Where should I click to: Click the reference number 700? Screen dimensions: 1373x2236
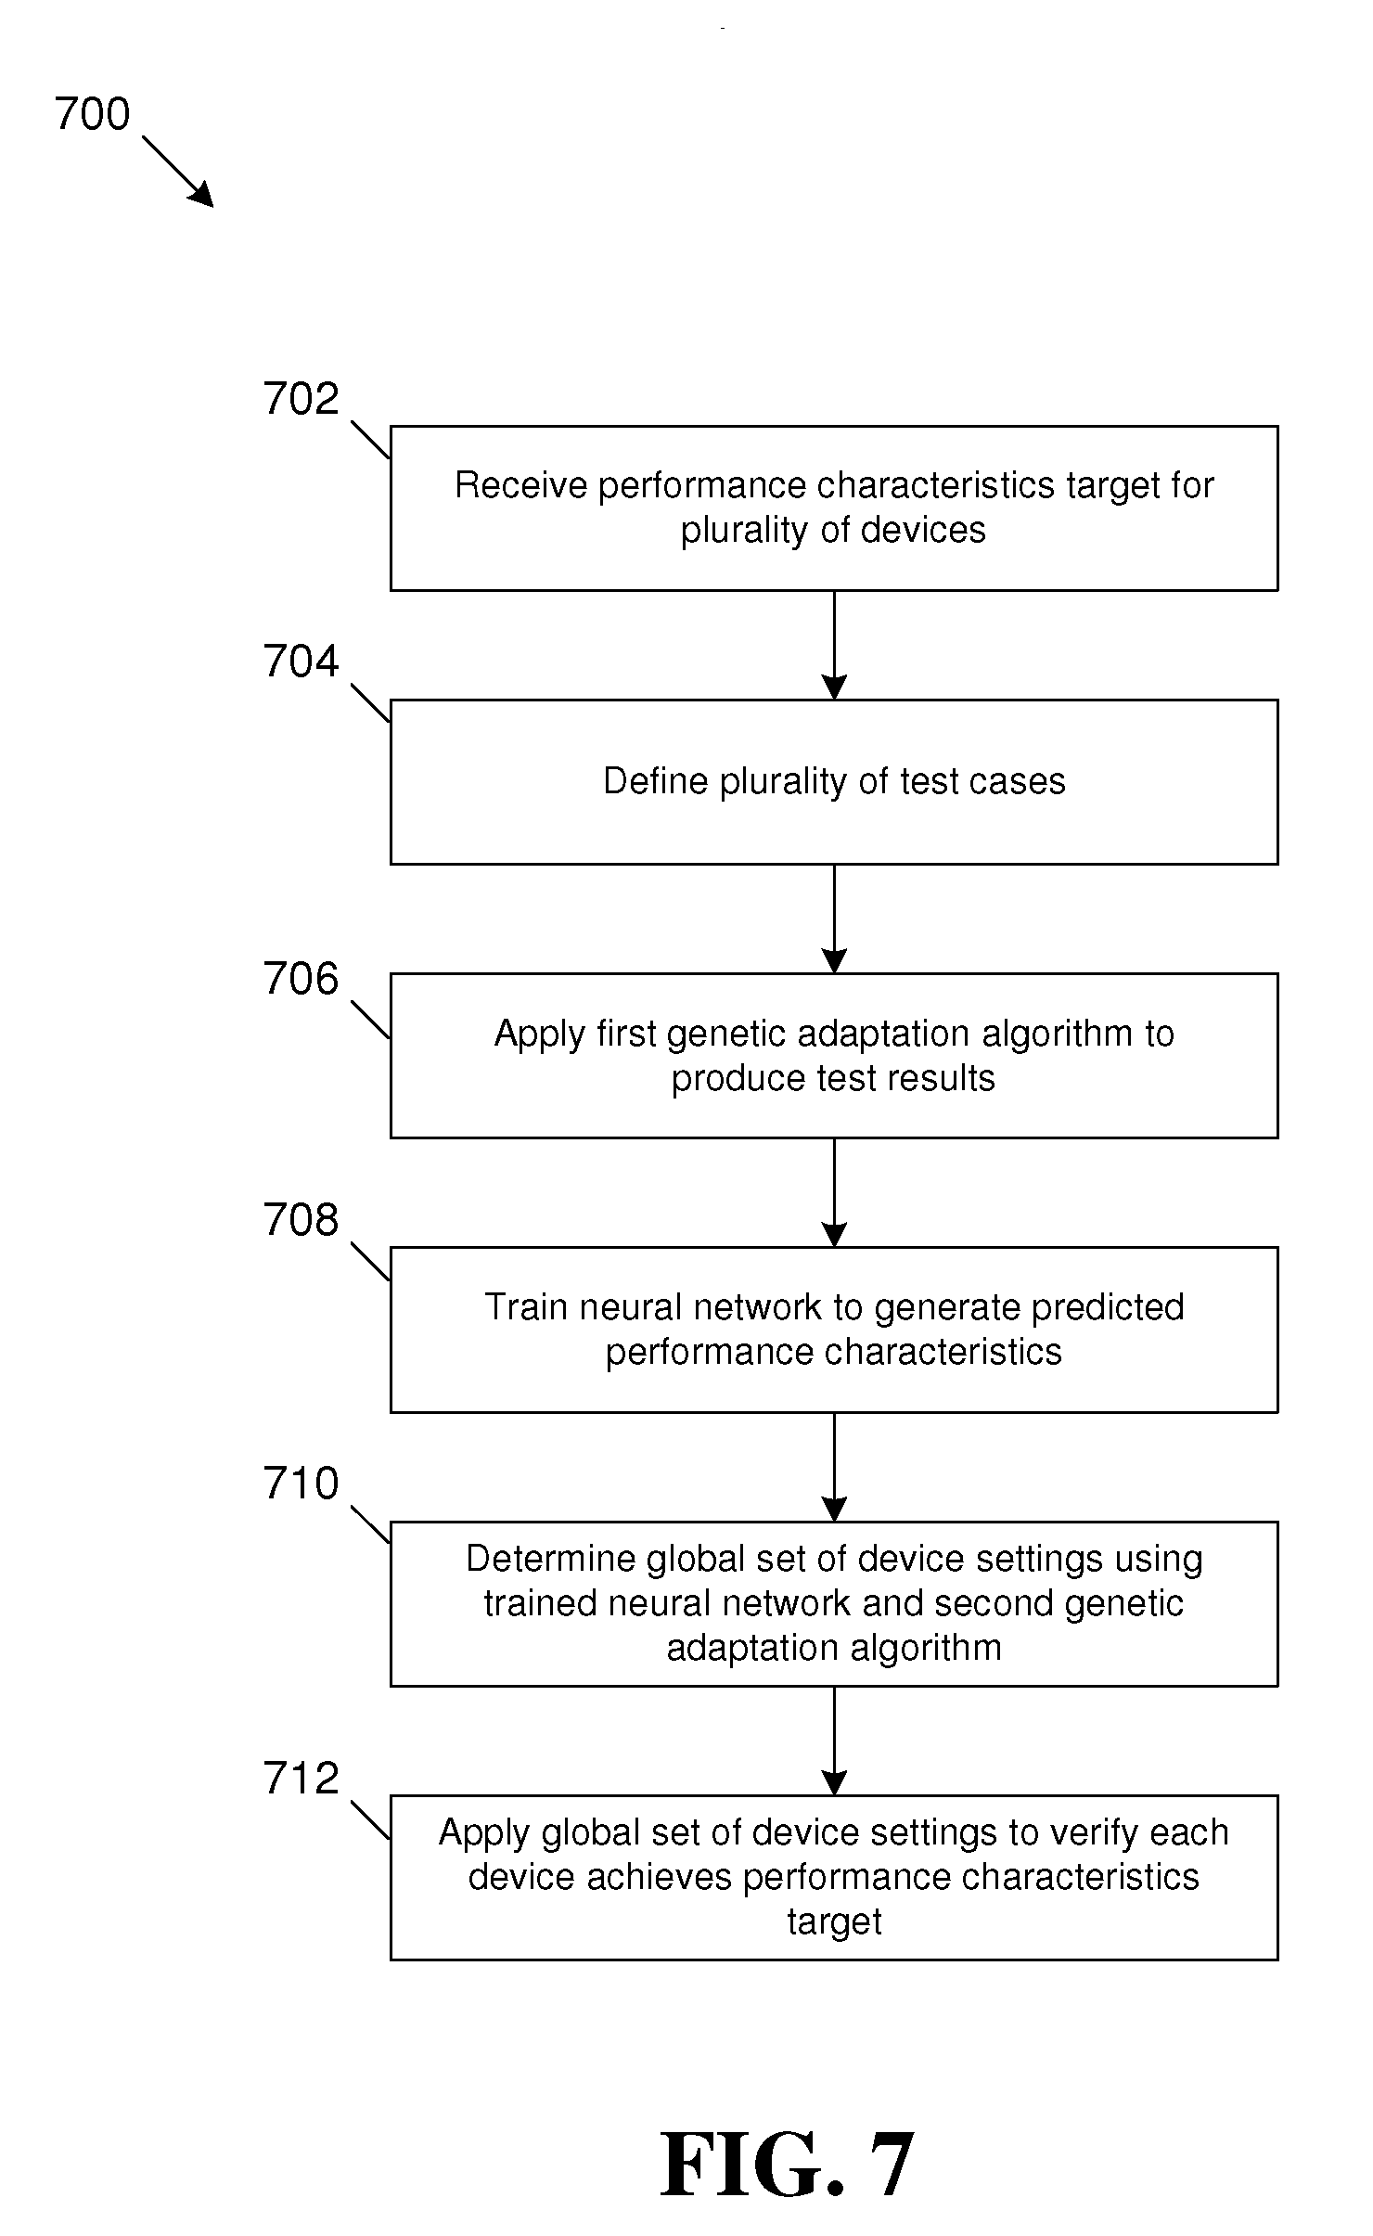pyautogui.click(x=92, y=114)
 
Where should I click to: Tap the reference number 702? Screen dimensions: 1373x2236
pyautogui.click(x=302, y=399)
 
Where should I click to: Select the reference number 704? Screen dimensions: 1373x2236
pyautogui.click(x=302, y=662)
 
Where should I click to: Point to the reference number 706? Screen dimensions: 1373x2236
pyautogui.click(x=302, y=979)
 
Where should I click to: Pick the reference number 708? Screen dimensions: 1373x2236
pyautogui.click(x=302, y=1220)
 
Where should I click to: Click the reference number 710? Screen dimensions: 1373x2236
pyautogui.click(x=302, y=1483)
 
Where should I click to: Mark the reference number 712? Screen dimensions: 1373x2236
pyautogui.click(x=302, y=1778)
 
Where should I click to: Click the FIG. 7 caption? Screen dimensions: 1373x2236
pyautogui.click(x=787, y=2165)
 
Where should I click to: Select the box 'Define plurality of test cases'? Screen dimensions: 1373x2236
pyautogui.click(x=834, y=782)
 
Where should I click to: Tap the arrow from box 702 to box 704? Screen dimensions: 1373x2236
pyautogui.click(x=834, y=645)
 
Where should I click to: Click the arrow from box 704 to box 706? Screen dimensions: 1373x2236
pyautogui.click(x=834, y=919)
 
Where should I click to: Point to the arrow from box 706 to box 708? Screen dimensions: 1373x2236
pyautogui.click(x=834, y=1192)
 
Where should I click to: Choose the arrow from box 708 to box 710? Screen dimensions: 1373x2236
pyautogui.click(x=834, y=1467)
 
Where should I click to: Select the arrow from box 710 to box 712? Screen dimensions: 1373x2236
pyautogui.click(x=834, y=1741)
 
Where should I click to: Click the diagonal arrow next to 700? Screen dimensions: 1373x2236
pyautogui.click(x=178, y=172)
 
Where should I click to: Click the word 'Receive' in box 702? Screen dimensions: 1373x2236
pyautogui.click(x=520, y=485)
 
